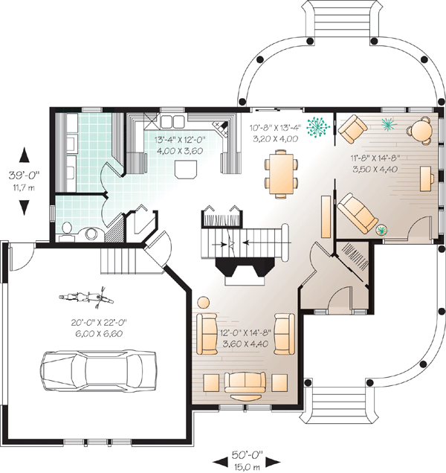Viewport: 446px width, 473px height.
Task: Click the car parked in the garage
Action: pyautogui.click(x=98, y=370)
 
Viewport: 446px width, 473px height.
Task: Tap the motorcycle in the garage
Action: pyautogui.click(x=86, y=297)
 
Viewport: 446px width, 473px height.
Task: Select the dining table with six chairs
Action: pyautogui.click(x=281, y=174)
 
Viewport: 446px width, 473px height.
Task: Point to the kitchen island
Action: pyautogui.click(x=186, y=169)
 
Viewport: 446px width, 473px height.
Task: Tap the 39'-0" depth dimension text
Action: pyautogui.click(x=24, y=175)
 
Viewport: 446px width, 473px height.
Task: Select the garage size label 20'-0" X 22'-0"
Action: pyautogui.click(x=99, y=323)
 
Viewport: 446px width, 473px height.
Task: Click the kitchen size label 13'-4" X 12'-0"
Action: pyautogui.click(x=180, y=140)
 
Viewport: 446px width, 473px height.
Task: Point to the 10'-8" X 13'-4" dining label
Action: pyautogui.click(x=275, y=128)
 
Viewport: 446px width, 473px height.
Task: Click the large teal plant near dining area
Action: pyautogui.click(x=317, y=126)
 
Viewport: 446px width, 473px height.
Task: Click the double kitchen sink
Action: pyautogui.click(x=172, y=121)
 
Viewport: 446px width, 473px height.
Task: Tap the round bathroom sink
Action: pyautogui.click(x=91, y=234)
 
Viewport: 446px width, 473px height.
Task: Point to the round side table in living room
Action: pyautogui.click(x=204, y=302)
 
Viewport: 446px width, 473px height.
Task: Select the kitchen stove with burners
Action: pyautogui.click(x=221, y=129)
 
